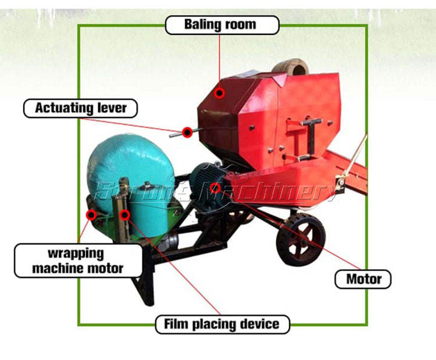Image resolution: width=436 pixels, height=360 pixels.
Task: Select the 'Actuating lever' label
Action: click(x=80, y=108)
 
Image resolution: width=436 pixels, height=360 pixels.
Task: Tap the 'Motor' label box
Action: click(x=363, y=279)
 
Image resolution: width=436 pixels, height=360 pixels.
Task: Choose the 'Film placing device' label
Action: click(x=222, y=324)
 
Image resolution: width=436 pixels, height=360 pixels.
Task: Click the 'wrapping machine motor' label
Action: click(x=78, y=261)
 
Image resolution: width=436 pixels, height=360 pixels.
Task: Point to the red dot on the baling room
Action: click(x=219, y=92)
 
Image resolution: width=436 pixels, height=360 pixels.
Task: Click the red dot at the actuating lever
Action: click(x=187, y=133)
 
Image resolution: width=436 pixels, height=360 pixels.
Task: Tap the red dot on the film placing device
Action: click(x=123, y=215)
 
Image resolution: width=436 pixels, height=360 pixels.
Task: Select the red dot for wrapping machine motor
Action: click(x=91, y=215)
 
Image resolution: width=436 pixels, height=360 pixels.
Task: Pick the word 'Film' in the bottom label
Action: click(x=177, y=324)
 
